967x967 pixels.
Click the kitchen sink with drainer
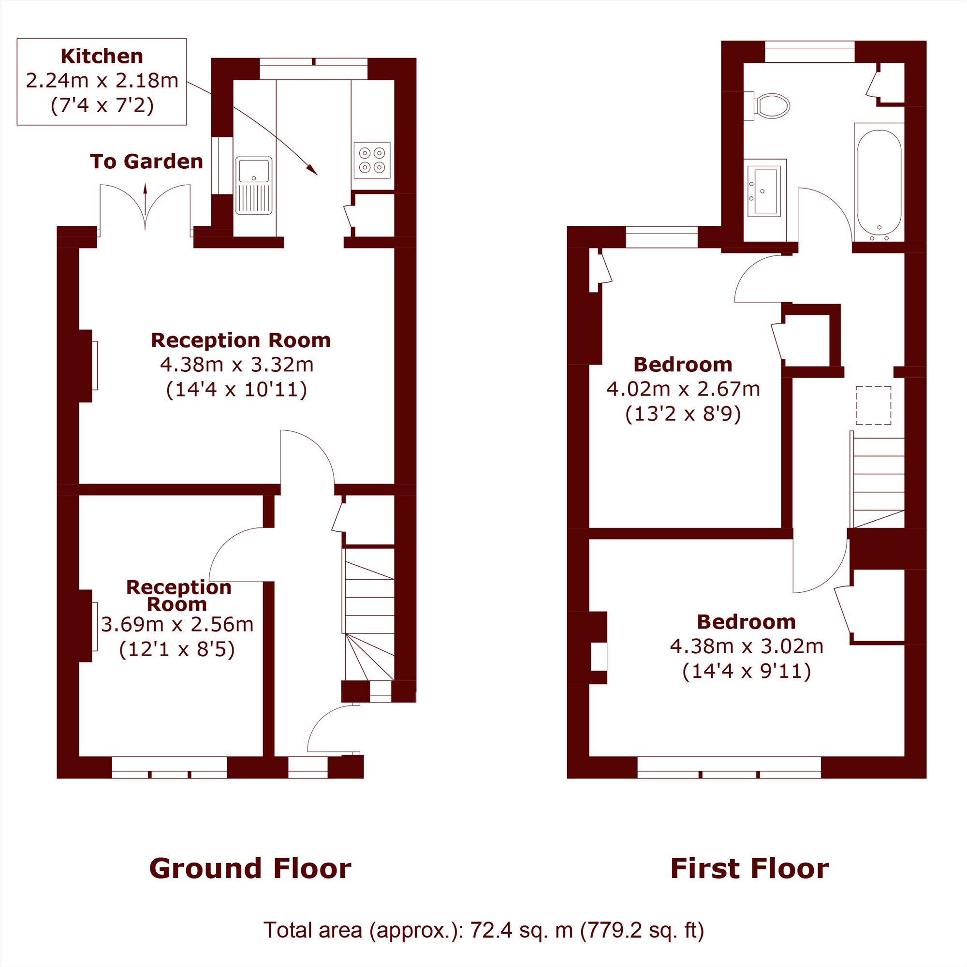coord(254,185)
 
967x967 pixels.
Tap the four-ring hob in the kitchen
coord(372,160)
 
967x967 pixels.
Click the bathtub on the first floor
coord(879,183)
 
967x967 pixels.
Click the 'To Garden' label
coord(147,161)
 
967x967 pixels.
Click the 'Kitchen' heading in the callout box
coord(102,56)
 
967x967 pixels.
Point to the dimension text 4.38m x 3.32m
coord(237,365)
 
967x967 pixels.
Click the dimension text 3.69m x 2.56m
coord(177,624)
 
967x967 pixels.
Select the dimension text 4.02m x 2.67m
coord(683,389)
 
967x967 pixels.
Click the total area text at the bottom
coord(483,930)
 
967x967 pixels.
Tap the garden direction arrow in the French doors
coord(146,206)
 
